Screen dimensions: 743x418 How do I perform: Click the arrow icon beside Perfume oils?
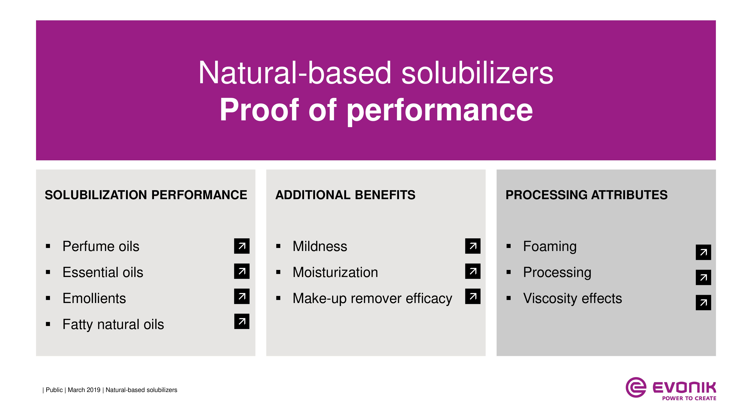point(242,246)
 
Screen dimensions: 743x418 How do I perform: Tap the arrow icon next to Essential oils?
point(242,271)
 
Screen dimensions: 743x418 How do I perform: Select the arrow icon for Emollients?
point(242,296)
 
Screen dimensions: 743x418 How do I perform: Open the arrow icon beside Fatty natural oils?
point(242,321)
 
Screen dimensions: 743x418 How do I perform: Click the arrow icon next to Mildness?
point(473,246)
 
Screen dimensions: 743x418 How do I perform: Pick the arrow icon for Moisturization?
point(473,271)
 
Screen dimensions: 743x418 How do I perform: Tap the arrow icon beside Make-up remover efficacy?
point(473,296)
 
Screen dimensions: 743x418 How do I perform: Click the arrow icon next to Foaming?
point(703,252)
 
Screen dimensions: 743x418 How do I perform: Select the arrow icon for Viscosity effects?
point(703,303)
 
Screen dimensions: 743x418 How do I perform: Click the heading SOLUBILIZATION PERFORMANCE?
point(146,195)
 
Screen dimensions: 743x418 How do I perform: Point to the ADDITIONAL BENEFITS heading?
point(345,195)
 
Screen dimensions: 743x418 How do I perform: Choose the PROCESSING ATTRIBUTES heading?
point(586,195)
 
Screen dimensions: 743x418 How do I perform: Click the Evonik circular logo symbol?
point(636,387)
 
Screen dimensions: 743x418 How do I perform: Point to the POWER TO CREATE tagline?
point(689,398)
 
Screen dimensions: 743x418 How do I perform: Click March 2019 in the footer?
point(84,390)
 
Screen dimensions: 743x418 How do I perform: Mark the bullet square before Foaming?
point(509,246)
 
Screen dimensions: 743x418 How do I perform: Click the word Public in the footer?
point(54,390)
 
